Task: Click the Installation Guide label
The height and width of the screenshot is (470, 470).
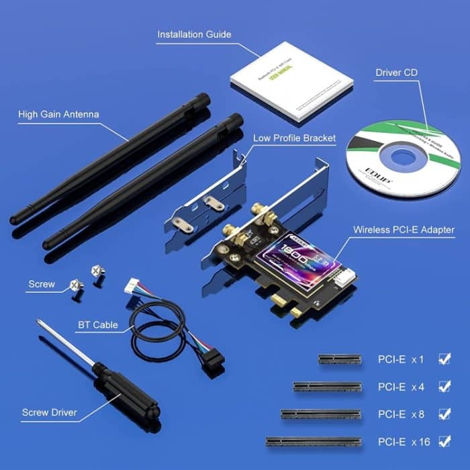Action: (194, 34)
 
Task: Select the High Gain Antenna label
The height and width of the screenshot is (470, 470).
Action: (58, 114)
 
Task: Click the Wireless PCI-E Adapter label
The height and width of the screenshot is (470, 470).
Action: (404, 230)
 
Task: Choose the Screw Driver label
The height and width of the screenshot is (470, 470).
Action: (49, 412)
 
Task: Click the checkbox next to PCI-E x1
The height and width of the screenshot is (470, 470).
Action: (444, 359)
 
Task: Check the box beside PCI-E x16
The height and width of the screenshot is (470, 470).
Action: (444, 441)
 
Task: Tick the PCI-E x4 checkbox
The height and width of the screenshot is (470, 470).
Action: (444, 386)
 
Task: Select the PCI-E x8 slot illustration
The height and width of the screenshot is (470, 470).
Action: (321, 414)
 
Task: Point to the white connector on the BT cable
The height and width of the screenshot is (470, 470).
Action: (132, 287)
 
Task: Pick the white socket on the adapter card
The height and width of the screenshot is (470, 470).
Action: (348, 274)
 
